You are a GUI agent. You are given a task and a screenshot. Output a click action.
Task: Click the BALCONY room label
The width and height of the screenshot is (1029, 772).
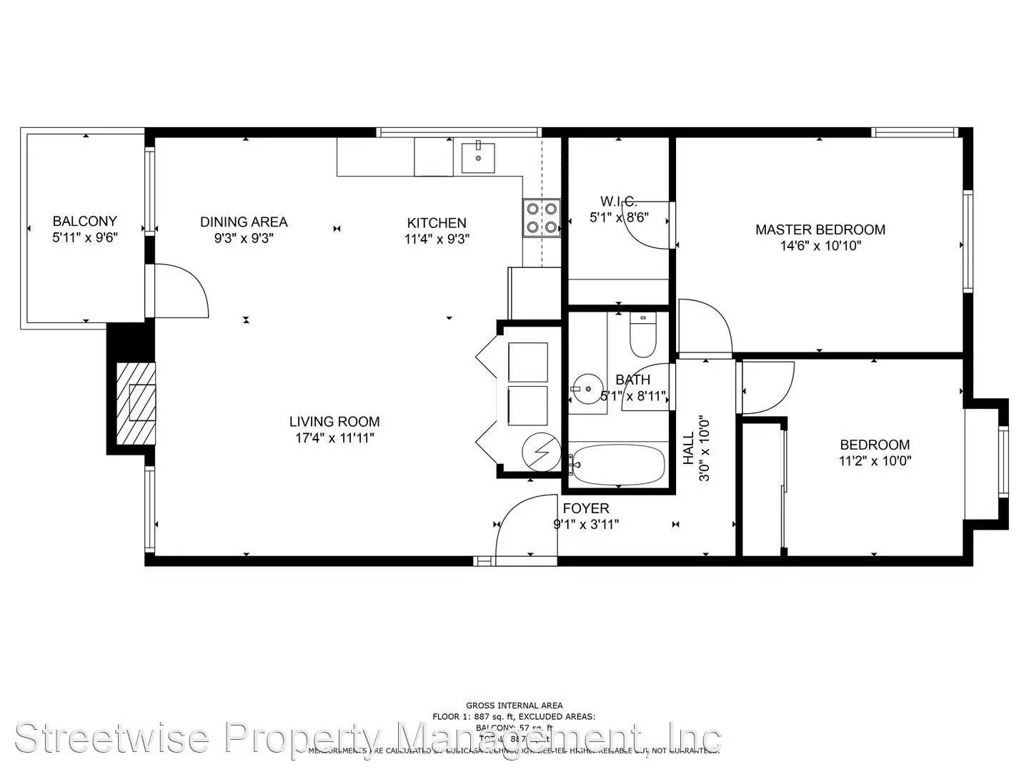pyautogui.click(x=84, y=221)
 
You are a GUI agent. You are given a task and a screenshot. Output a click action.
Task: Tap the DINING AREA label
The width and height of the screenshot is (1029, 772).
pyautogui.click(x=244, y=222)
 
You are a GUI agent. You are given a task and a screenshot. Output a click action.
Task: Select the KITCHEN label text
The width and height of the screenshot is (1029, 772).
pyautogui.click(x=437, y=222)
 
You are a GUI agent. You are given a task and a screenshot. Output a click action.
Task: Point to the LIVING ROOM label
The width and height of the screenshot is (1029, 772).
pyautogui.click(x=334, y=422)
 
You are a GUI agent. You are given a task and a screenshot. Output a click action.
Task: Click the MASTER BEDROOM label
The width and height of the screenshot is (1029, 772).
pyautogui.click(x=820, y=229)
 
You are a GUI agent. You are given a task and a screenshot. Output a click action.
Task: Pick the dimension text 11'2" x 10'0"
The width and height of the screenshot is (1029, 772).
pyautogui.click(x=875, y=461)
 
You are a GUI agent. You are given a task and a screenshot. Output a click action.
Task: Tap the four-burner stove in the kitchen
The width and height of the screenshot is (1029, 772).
pyautogui.click(x=541, y=218)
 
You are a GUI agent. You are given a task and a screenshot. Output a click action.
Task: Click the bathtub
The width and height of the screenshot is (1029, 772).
pyautogui.click(x=618, y=465)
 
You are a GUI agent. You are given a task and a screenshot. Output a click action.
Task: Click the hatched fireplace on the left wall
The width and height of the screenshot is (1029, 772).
pyautogui.click(x=136, y=401)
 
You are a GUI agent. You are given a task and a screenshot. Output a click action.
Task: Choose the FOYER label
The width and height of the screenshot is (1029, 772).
pyautogui.click(x=586, y=508)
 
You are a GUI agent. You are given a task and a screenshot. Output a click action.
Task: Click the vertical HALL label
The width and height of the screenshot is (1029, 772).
pyautogui.click(x=688, y=448)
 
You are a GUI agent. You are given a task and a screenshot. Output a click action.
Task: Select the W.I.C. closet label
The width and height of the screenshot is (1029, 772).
pyautogui.click(x=618, y=202)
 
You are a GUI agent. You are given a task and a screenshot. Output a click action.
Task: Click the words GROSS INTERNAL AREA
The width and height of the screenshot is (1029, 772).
pyautogui.click(x=514, y=706)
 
